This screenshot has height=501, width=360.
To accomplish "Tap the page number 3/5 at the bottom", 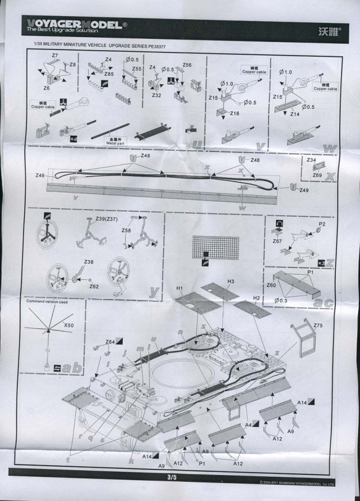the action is [x=172, y=477].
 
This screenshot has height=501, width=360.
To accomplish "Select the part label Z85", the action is [x=109, y=74].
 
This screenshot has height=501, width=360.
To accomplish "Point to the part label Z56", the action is [x=187, y=65].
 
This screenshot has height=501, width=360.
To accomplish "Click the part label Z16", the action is [x=235, y=113].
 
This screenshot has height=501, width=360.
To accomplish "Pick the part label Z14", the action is [x=295, y=113].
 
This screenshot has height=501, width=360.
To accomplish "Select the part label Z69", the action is [x=317, y=176].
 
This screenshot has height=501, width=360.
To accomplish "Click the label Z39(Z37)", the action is [x=108, y=218].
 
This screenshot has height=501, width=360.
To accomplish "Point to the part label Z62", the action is [x=93, y=286].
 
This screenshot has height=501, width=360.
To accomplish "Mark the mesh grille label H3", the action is [x=230, y=280].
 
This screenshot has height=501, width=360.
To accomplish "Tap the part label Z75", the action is [x=318, y=325].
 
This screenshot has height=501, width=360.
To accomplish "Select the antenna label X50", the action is [x=69, y=325].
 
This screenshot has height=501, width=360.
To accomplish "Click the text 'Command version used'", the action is [x=47, y=302].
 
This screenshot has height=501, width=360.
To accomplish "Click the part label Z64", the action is [x=110, y=342].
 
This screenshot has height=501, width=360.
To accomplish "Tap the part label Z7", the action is [x=55, y=55].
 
